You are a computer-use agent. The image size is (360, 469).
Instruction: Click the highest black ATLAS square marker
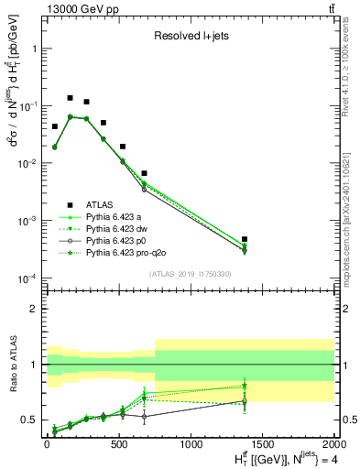(x=71, y=97)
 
